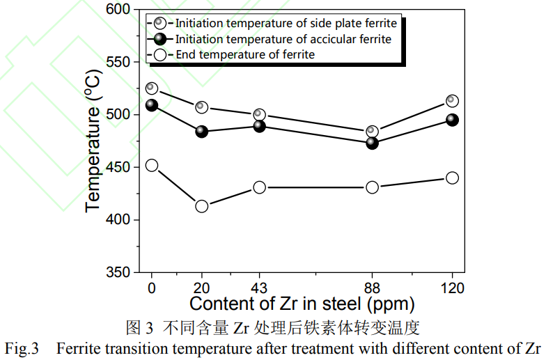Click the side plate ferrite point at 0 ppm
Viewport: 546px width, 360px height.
click(152, 88)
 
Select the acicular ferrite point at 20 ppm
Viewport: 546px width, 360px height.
click(202, 132)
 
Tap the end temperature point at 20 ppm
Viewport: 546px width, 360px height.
click(202, 206)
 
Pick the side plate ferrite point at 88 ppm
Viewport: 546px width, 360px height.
click(372, 132)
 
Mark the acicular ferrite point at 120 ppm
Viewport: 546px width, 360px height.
click(452, 120)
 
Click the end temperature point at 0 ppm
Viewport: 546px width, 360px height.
click(152, 166)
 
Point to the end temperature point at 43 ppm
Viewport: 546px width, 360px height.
click(259, 187)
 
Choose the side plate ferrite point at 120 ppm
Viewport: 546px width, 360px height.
click(452, 101)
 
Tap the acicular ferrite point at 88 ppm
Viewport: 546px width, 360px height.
click(372, 143)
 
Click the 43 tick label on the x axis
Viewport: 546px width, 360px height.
click(259, 288)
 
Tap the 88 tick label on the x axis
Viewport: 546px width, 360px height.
click(372, 288)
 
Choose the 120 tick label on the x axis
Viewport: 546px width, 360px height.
click(452, 288)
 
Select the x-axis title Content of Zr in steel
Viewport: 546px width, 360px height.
click(302, 304)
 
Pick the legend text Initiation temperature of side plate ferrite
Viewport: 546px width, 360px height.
click(286, 24)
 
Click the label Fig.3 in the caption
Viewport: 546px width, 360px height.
click(22, 347)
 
